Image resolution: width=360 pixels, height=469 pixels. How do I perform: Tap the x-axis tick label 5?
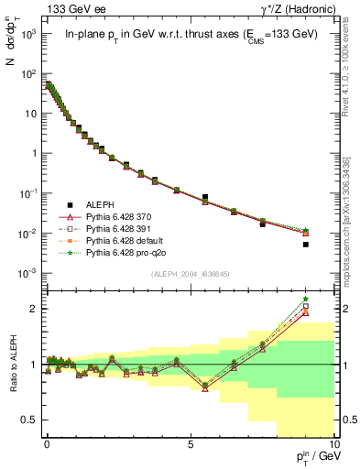point(190,443)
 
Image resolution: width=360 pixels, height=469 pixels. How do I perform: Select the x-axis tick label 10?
point(333,443)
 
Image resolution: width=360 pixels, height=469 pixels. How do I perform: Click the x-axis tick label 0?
point(47,443)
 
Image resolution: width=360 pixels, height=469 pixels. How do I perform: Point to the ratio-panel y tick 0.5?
point(33,420)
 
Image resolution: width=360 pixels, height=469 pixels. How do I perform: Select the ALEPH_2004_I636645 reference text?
point(190,275)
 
